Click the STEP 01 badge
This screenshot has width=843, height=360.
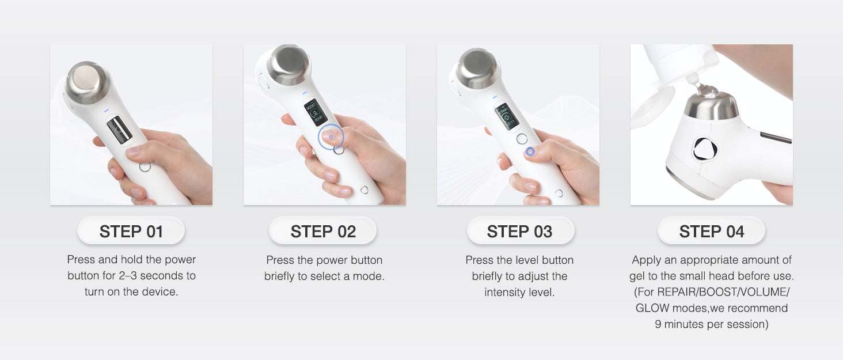[131, 230]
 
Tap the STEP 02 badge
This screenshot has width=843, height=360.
[323, 230]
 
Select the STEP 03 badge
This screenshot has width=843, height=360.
[520, 230]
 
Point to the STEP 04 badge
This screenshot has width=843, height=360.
[711, 230]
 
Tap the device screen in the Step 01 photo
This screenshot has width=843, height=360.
[119, 130]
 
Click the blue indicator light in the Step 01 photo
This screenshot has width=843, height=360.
[107, 111]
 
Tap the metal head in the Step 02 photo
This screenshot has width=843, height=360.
[288, 65]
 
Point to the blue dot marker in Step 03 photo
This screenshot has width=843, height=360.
[530, 151]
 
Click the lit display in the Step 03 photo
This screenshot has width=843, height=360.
[507, 116]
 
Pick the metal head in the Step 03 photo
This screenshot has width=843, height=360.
[477, 69]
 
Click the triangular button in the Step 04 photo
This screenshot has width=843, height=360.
[705, 149]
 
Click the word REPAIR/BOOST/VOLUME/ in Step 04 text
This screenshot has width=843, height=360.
[723, 292]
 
